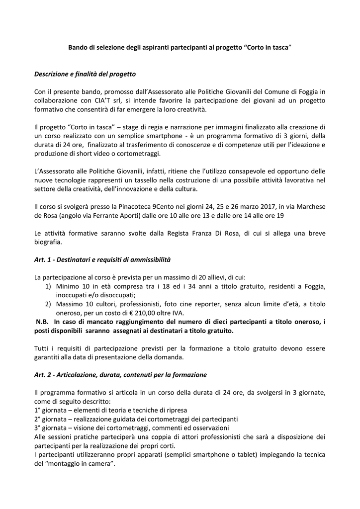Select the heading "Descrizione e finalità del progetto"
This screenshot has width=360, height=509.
pos(85,74)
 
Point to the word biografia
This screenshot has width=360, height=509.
pos(48,243)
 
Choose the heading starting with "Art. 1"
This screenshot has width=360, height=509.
pos(102,259)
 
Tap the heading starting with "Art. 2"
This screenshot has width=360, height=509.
pos(120,374)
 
